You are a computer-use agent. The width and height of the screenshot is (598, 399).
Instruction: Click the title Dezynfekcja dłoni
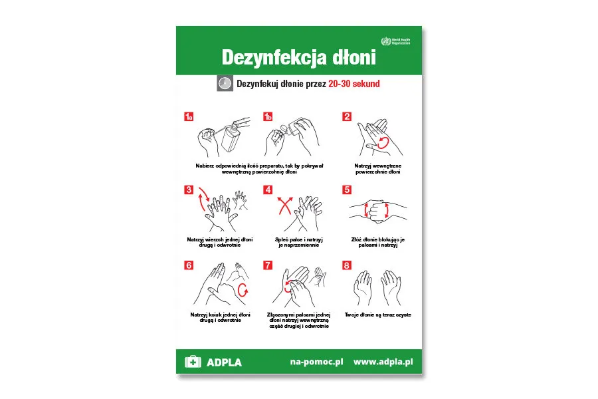pyautogui.click(x=298, y=57)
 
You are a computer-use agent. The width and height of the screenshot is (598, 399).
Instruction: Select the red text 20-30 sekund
pyautogui.click(x=354, y=84)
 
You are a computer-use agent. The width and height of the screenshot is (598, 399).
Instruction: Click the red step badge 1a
pyautogui.click(x=189, y=117)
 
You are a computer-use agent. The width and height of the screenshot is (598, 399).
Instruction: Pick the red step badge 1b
pyautogui.click(x=268, y=117)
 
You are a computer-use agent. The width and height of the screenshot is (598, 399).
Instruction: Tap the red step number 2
pyautogui.click(x=347, y=117)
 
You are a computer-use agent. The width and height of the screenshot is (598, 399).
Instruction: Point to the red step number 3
pyautogui.click(x=189, y=190)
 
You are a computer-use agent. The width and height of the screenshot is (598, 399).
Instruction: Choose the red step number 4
pyautogui.click(x=268, y=190)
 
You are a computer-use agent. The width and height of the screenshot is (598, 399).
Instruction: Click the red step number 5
pyautogui.click(x=347, y=190)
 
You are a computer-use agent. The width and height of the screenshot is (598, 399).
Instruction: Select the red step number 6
pyautogui.click(x=189, y=265)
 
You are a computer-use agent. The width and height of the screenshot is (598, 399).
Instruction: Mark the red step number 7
pyautogui.click(x=268, y=265)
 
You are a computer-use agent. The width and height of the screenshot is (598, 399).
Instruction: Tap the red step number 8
pyautogui.click(x=347, y=265)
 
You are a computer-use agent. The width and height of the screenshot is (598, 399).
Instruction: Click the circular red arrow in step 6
pyautogui.click(x=243, y=289)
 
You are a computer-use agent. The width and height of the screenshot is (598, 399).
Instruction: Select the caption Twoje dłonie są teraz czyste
pyautogui.click(x=377, y=315)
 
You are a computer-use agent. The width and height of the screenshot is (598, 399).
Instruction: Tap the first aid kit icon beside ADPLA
pyautogui.click(x=193, y=362)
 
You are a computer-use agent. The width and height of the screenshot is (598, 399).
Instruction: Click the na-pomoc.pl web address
pyautogui.click(x=316, y=362)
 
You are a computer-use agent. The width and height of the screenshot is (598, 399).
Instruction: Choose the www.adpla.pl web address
pyautogui.click(x=383, y=362)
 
